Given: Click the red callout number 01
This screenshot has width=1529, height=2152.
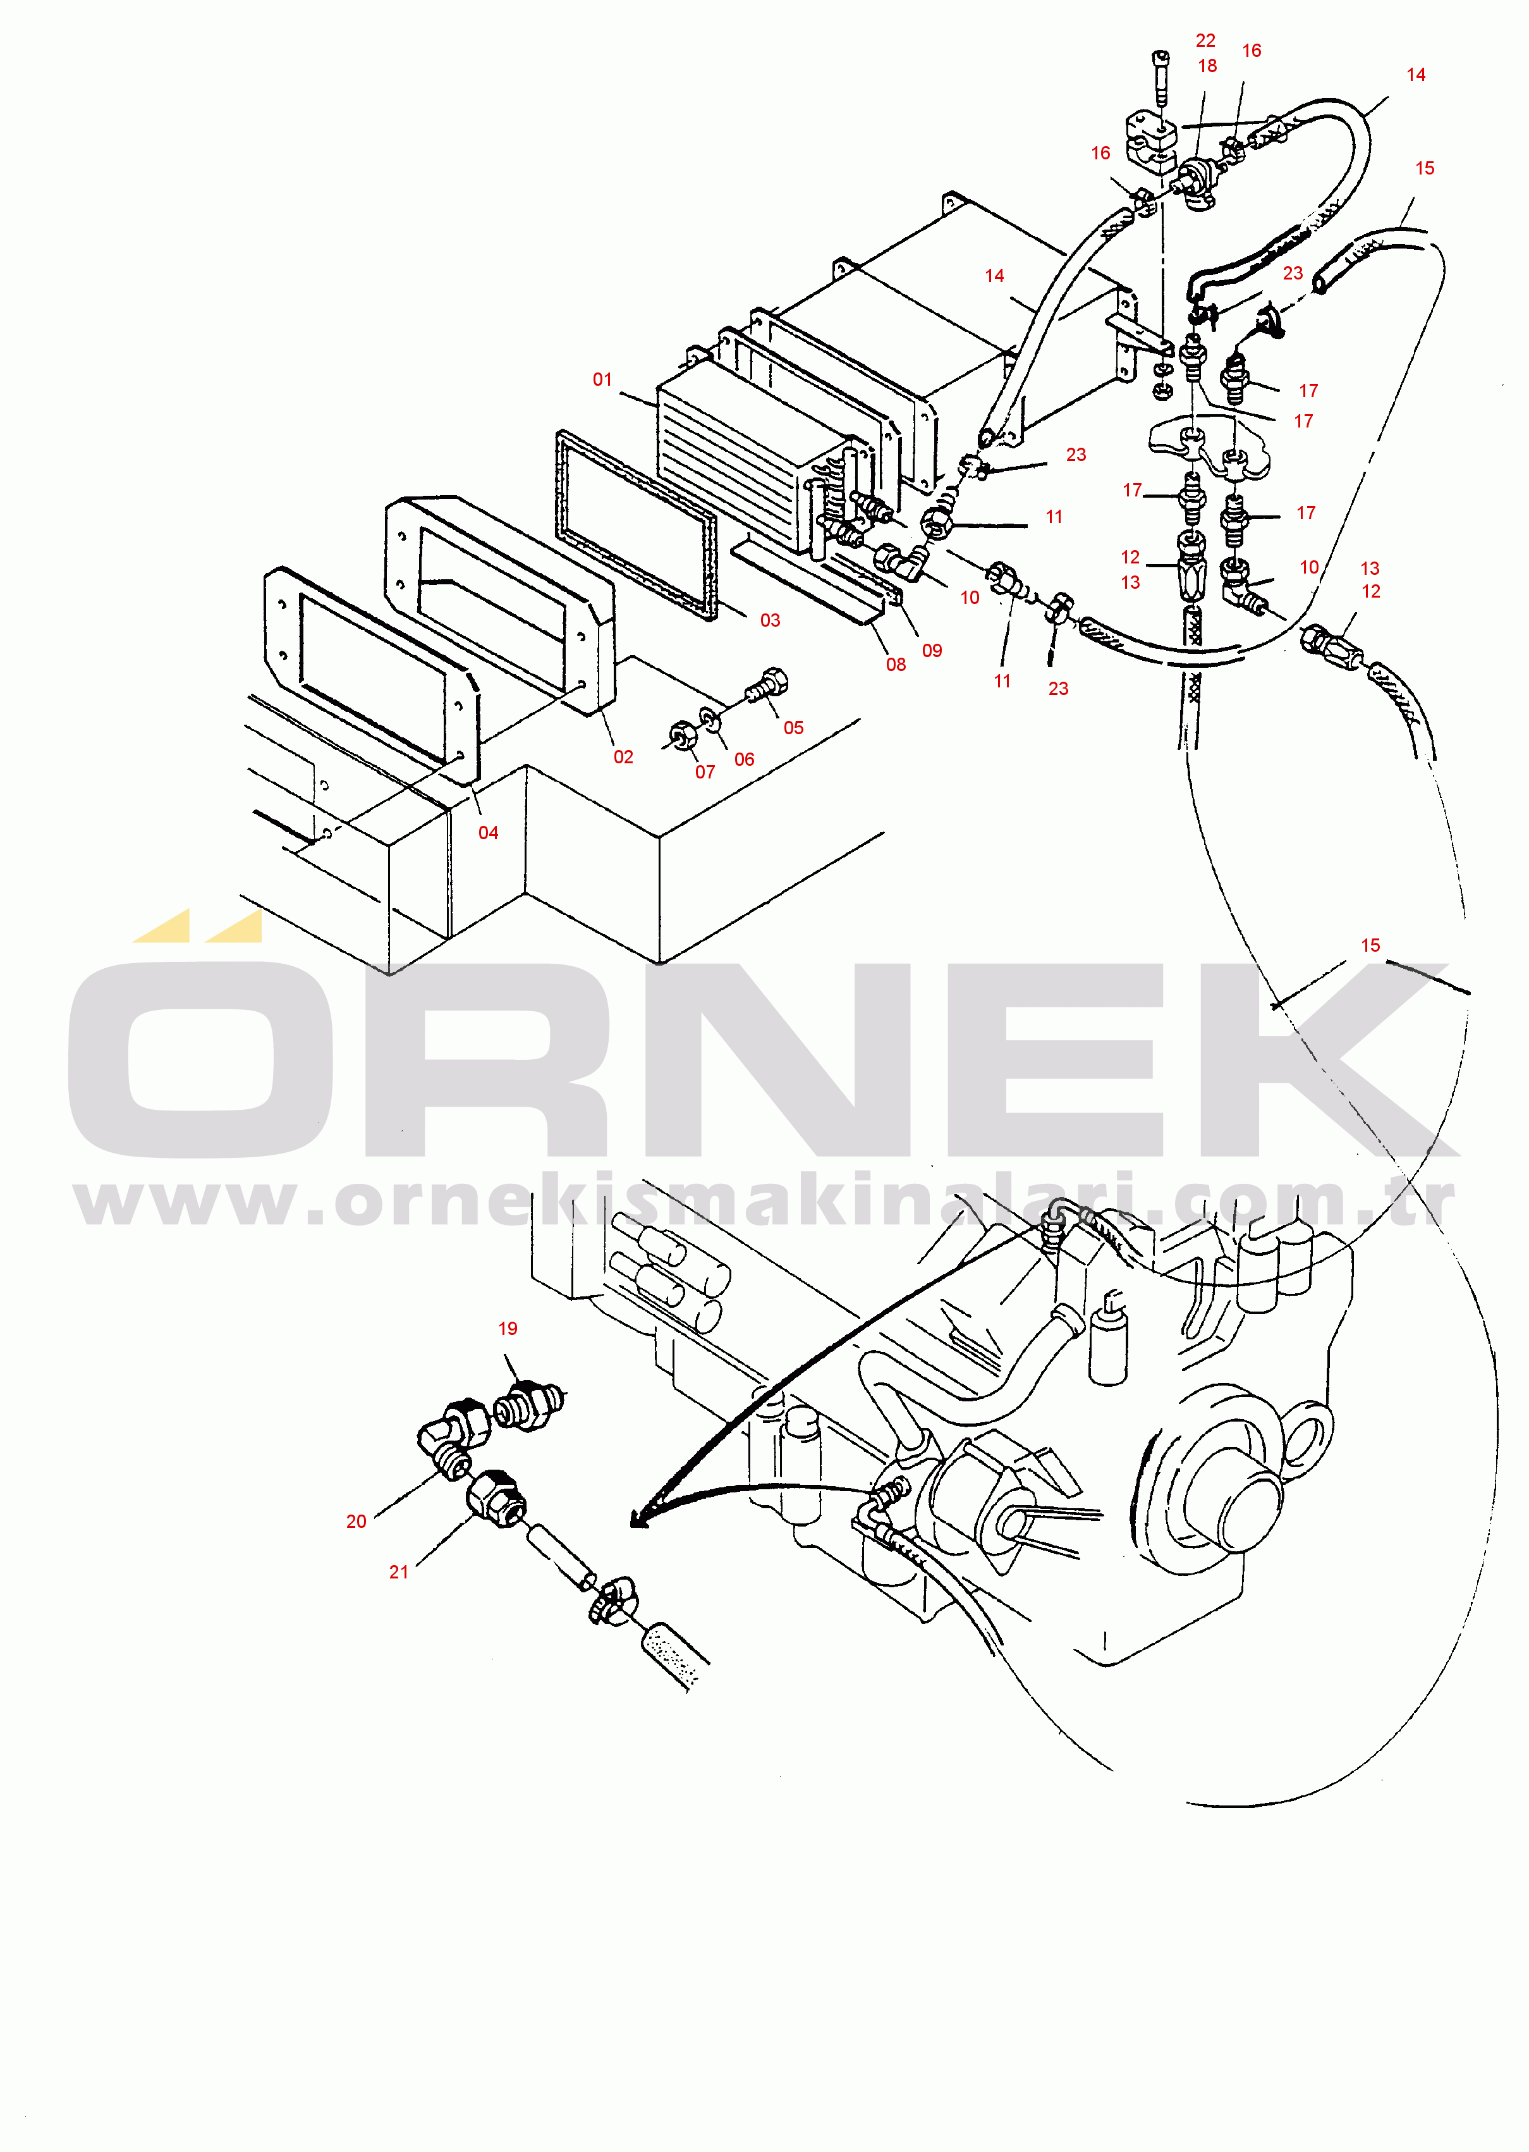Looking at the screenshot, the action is [x=602, y=379].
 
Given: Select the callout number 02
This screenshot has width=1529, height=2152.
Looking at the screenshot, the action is [x=623, y=757].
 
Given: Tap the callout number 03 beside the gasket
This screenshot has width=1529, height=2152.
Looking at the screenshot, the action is [x=770, y=620].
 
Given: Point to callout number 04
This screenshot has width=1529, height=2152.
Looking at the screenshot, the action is [x=488, y=833].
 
